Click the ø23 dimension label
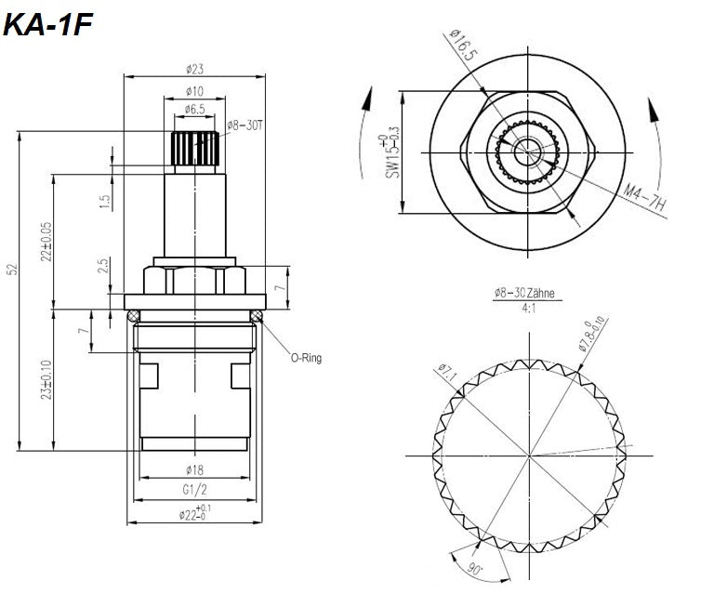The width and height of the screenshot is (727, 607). (195, 68)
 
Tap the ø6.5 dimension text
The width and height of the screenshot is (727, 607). (195, 109)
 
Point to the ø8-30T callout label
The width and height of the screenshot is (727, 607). (246, 125)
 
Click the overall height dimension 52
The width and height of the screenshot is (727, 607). (12, 270)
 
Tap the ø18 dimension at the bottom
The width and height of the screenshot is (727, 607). (194, 470)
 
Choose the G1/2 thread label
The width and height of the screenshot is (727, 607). (194, 489)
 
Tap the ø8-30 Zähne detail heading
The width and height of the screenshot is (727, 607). (524, 293)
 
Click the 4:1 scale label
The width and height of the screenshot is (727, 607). (524, 307)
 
